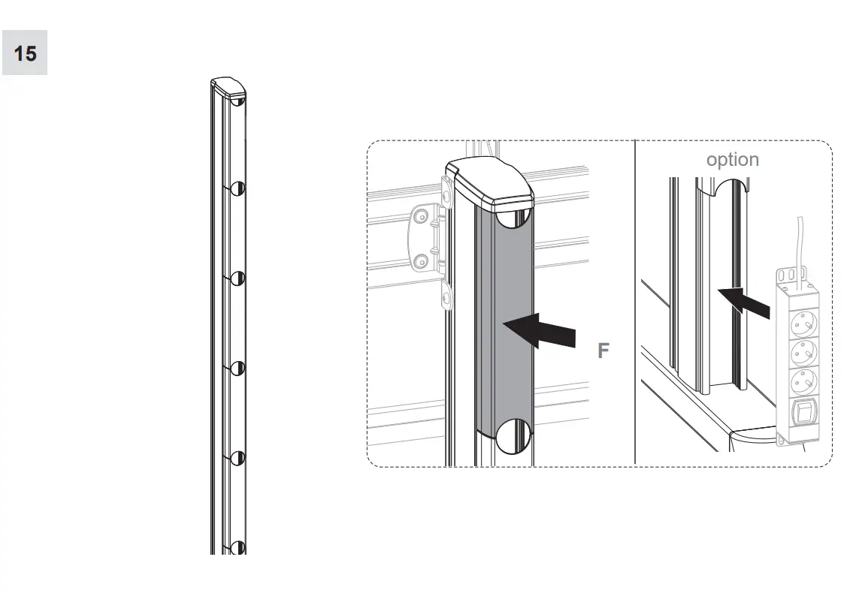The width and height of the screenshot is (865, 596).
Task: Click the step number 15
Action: (25, 53)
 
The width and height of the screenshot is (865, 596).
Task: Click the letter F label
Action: (603, 351)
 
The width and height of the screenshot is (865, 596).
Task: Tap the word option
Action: (732, 160)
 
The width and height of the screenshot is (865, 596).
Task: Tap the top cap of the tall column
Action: (228, 88)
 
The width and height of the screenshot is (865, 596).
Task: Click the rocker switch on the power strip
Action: (803, 414)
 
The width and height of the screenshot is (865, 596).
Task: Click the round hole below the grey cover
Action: (513, 436)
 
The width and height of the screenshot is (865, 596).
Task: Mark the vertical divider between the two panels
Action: (635, 300)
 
